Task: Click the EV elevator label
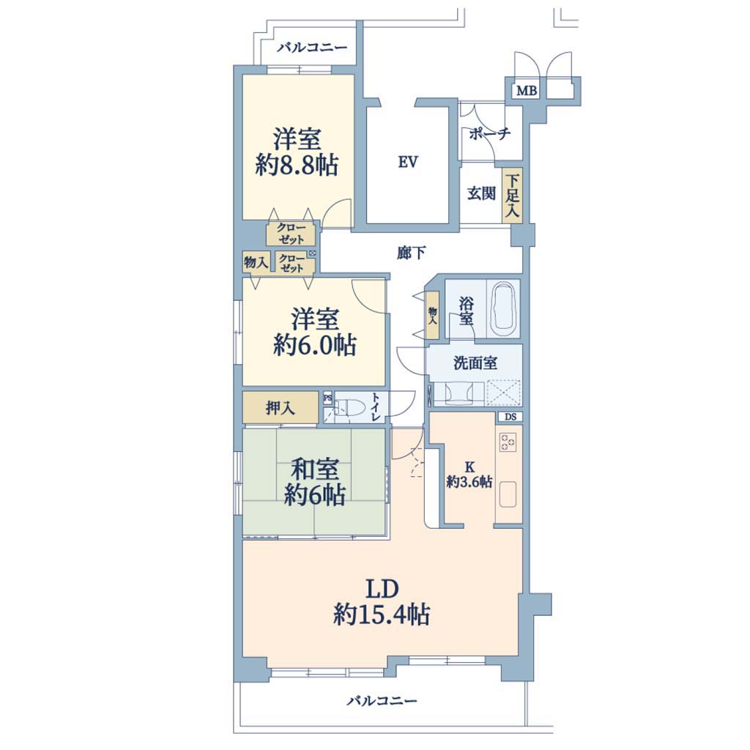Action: [x=408, y=163]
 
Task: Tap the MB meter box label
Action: [x=527, y=90]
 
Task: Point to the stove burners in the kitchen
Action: [x=508, y=442]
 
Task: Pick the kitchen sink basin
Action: [x=508, y=494]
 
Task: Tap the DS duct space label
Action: [x=510, y=417]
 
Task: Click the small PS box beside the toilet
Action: [x=327, y=398]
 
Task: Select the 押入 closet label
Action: [x=280, y=408]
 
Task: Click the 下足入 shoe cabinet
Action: [x=512, y=195]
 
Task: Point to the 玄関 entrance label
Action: [x=482, y=193]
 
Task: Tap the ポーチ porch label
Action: [x=490, y=133]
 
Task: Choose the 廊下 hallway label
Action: [x=411, y=253]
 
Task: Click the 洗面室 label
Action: [x=475, y=363]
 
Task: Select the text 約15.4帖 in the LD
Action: [x=381, y=615]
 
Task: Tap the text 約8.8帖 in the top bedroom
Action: [x=297, y=166]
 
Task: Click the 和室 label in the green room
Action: [x=315, y=469]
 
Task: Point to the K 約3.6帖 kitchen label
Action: [x=469, y=475]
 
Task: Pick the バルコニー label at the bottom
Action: [x=382, y=701]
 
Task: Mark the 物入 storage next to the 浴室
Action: [x=432, y=315]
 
